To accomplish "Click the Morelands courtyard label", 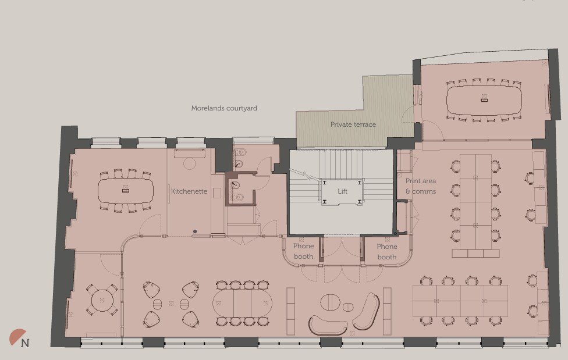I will click(x=224, y=108).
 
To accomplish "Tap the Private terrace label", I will click(x=353, y=124).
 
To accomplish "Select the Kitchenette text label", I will click(x=189, y=191).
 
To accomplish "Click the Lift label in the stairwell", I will click(x=342, y=191).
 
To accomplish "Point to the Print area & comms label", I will click(x=421, y=186).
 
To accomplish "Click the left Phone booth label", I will click(x=303, y=251).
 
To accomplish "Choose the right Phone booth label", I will click(x=386, y=251).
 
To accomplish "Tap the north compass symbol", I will click(x=20, y=338).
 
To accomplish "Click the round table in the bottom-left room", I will click(x=102, y=300).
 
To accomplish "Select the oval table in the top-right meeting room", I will click(x=484, y=100).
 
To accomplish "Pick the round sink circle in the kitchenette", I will click(x=189, y=163).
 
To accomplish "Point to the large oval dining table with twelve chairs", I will click(x=242, y=302).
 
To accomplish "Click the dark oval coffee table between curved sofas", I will click(x=331, y=303).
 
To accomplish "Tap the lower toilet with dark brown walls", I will click(x=237, y=190).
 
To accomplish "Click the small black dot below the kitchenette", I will click(x=195, y=231).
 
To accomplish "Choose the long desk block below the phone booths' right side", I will click(x=460, y=301).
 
